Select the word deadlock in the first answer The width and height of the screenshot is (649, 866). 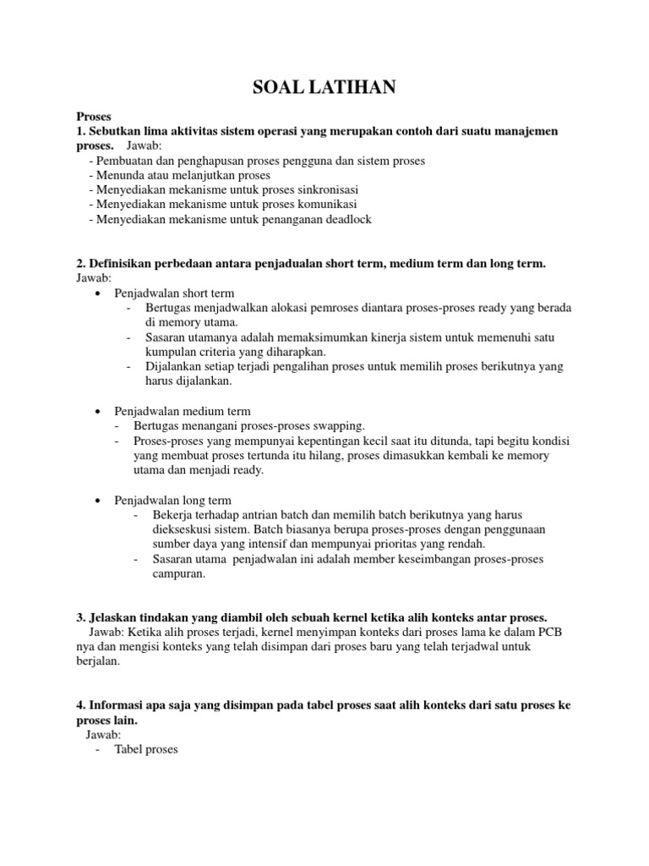[x=344, y=219]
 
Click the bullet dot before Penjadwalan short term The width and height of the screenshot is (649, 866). [x=99, y=293]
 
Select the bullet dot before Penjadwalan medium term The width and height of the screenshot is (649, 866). [x=99, y=410]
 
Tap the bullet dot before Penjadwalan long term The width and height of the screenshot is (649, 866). [x=99, y=501]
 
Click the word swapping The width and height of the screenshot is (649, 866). [x=339, y=425]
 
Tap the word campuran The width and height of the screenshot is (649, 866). [x=177, y=573]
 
